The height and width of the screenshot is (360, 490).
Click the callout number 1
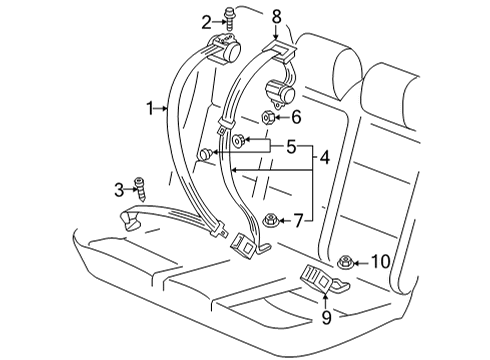click(x=151, y=108)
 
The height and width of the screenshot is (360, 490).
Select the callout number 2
click(x=206, y=22)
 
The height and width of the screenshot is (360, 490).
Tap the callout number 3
click(x=119, y=190)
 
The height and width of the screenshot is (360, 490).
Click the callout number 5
click(x=291, y=147)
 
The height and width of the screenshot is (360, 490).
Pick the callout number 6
click(x=296, y=117)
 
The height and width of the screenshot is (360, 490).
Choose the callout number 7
click(x=298, y=221)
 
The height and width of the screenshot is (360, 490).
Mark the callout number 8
click(x=276, y=17)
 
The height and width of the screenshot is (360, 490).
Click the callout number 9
click(x=327, y=317)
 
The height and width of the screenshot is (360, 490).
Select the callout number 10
click(x=381, y=262)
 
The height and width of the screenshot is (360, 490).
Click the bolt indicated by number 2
click(x=229, y=18)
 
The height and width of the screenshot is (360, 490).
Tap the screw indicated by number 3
click(x=140, y=190)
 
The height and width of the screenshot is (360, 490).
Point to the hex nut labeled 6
click(x=268, y=118)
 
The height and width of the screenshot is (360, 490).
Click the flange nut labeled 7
click(x=270, y=220)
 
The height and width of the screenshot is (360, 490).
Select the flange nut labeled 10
click(x=345, y=262)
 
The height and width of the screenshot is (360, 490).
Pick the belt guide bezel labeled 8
click(x=279, y=49)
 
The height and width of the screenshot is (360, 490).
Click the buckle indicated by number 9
click(x=324, y=278)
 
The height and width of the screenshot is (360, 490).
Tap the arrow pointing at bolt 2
click(x=219, y=22)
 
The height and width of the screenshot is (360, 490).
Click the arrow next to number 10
click(x=361, y=263)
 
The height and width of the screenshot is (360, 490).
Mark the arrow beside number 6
click(x=281, y=118)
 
